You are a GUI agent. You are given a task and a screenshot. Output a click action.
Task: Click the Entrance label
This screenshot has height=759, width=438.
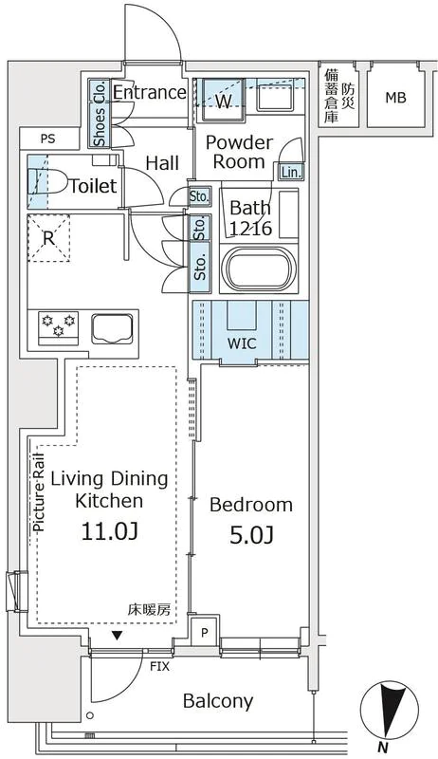coord(150,92)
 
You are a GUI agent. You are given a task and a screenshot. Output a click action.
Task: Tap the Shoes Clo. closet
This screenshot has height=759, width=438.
coord(99,113)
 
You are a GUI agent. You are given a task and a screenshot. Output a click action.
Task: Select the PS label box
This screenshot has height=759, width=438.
coord(47,139)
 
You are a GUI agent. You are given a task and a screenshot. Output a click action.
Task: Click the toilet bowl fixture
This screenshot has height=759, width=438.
coord(47,181)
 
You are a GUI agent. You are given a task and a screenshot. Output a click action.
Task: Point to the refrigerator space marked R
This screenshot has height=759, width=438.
coord(48,238)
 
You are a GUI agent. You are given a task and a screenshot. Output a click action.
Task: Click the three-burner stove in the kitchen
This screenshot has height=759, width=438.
coord(59,327)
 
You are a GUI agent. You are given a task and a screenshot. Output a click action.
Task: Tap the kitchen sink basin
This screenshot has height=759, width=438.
coord(112,328)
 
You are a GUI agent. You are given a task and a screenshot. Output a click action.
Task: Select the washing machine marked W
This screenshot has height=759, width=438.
coord(223,100)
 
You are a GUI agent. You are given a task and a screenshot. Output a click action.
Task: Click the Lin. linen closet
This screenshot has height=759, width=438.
coord(291,172)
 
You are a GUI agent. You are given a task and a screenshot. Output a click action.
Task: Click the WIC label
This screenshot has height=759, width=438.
coord(242,343)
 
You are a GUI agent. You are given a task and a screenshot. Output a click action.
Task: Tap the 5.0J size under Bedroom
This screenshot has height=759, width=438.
coord(251,534)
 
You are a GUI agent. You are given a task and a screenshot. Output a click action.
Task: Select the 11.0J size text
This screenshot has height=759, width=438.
coord(110,531)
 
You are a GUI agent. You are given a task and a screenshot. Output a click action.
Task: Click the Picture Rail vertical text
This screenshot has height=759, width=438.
coord(39,491)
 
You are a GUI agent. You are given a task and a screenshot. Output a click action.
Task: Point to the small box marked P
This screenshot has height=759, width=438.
coord(205,632)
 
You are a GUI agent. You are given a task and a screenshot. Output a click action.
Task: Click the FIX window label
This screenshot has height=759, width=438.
coord(159,667)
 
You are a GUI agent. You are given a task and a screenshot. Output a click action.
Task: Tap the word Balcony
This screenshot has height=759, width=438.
coord(218,700)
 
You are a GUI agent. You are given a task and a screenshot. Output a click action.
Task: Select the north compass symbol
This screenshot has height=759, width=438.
coord(390,713)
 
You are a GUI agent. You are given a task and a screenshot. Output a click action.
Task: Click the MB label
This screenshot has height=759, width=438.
coord(395,98)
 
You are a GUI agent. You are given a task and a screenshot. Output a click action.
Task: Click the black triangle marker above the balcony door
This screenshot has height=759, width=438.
coord(117,636)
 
